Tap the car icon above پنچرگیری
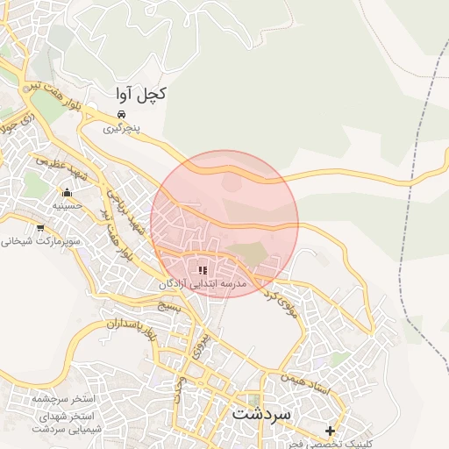[122, 114]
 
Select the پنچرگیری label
[122, 128]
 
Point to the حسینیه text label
[67, 206]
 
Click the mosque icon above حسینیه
[67, 192]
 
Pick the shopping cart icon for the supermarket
[40, 226]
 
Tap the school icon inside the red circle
[203, 271]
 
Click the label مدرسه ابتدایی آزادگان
[203, 285]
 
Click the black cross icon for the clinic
[330, 431]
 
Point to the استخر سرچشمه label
[62, 399]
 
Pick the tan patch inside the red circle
[253, 255]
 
